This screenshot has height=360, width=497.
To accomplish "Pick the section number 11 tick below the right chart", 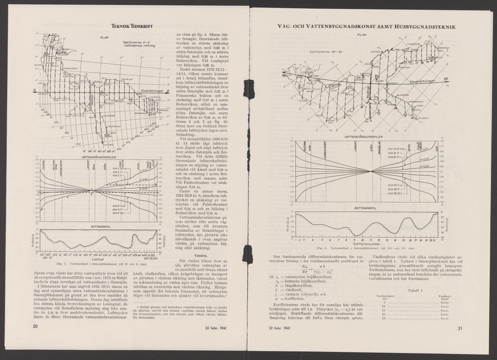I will tap(371, 239).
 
